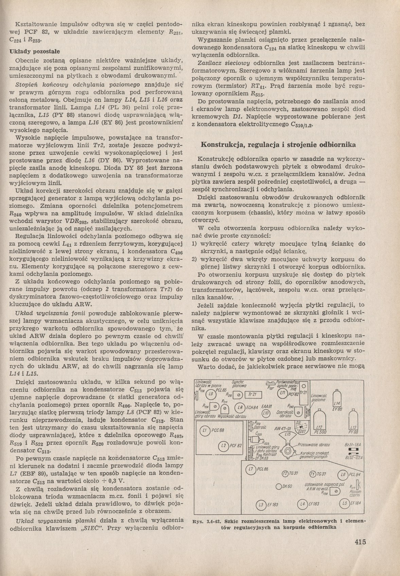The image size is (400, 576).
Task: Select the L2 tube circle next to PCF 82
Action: (223, 446)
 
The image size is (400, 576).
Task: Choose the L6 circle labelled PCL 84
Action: (342, 475)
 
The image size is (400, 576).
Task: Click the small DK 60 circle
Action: (279, 486)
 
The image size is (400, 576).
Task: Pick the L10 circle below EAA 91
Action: (266, 413)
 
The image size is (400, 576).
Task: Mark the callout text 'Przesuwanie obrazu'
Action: (314, 444)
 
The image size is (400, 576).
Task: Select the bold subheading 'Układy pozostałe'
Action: (35, 51)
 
